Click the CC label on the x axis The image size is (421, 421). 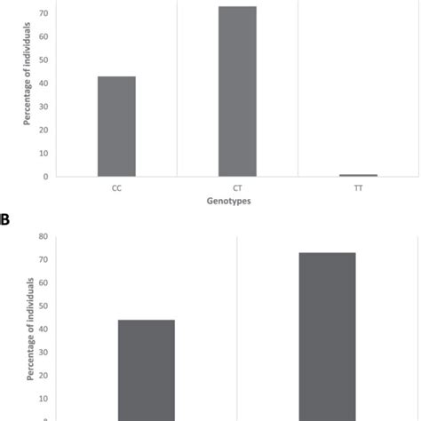[116, 188]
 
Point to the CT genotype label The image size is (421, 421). [237, 188]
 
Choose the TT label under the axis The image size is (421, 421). [358, 188]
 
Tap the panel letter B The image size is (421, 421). [5, 218]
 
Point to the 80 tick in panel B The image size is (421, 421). [42, 236]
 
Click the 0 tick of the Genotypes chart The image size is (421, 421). [44, 177]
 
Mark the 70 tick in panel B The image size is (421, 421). [42, 260]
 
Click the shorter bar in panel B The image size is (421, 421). [147, 369]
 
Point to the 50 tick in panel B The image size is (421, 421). [42, 306]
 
